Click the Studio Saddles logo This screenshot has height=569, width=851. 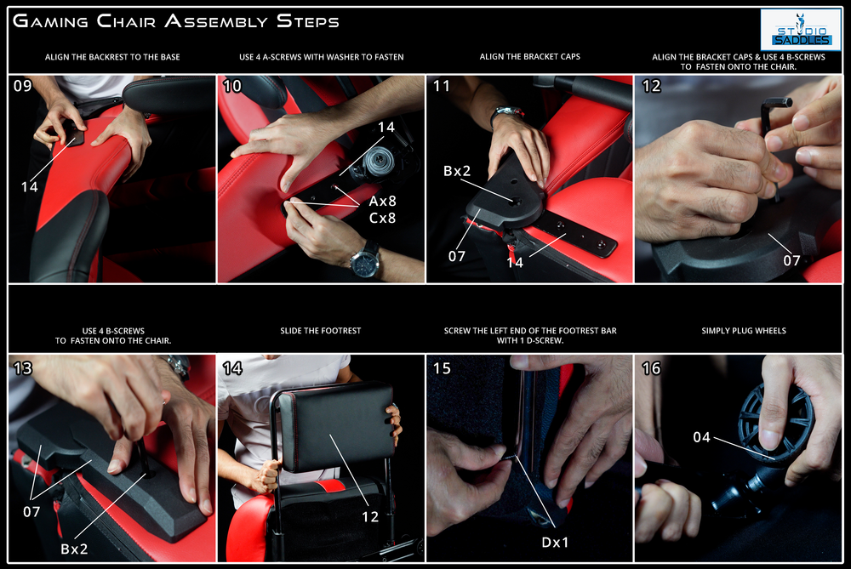click(x=801, y=30)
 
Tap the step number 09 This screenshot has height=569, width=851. click(x=23, y=86)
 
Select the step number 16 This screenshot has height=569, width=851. click(x=651, y=368)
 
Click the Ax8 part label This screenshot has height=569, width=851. click(x=383, y=202)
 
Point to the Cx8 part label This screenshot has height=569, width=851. click(x=383, y=218)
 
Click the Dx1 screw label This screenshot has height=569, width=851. click(x=555, y=543)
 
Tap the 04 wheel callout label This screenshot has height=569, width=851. click(x=702, y=437)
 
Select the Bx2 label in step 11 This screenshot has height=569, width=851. click(x=457, y=171)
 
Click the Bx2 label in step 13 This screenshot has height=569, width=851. click(x=74, y=549)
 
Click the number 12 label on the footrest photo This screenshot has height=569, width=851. click(x=370, y=516)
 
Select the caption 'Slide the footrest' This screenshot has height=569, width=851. click(x=321, y=330)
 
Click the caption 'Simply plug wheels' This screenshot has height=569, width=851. click(x=744, y=330)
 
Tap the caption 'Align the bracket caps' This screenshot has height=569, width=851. click(x=529, y=56)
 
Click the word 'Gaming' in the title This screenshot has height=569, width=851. click(x=50, y=21)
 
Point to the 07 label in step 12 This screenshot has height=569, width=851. click(x=791, y=260)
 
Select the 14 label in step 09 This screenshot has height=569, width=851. click(x=29, y=187)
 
